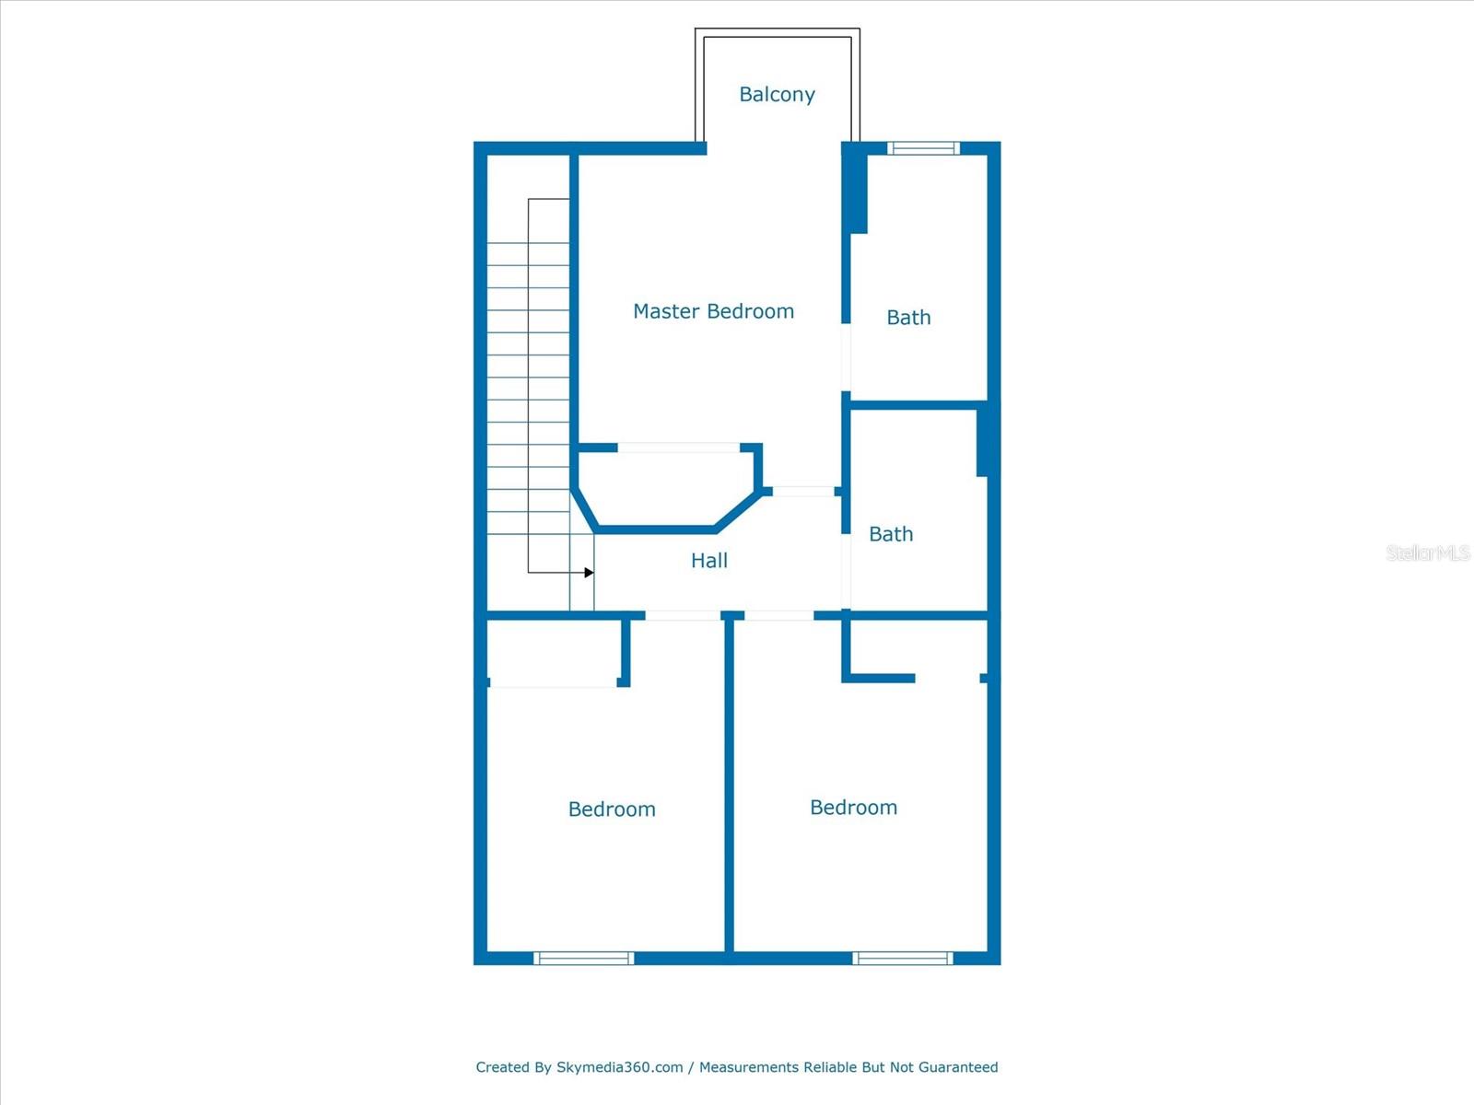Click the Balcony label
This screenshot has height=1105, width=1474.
(x=777, y=94)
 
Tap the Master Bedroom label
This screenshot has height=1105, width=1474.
(x=713, y=311)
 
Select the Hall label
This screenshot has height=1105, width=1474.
(x=709, y=560)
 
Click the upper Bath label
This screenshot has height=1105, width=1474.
(x=908, y=318)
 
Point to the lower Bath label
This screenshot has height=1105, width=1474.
(x=891, y=534)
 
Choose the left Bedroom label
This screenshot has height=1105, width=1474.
(x=612, y=809)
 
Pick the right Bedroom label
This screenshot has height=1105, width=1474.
(x=853, y=808)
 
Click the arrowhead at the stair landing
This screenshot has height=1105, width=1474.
(x=589, y=573)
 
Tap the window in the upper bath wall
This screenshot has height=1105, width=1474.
(x=923, y=148)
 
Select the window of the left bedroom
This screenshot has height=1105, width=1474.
(x=584, y=959)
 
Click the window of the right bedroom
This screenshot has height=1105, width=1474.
(x=903, y=959)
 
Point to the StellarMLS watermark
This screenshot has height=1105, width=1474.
(x=1427, y=552)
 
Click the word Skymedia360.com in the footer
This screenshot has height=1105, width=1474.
(x=619, y=1067)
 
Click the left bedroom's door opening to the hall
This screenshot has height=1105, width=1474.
(x=682, y=615)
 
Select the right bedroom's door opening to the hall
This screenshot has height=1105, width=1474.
(x=778, y=615)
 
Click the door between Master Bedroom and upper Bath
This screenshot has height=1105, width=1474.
(x=846, y=357)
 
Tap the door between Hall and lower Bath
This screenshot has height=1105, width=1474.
(x=846, y=571)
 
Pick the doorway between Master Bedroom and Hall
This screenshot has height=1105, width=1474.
(x=802, y=492)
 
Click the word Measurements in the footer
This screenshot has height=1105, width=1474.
(x=749, y=1067)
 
